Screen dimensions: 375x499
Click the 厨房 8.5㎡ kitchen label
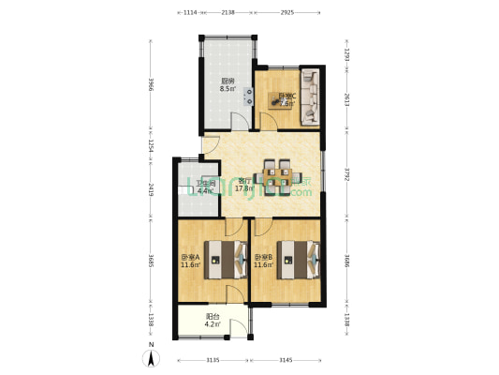coord(227,85)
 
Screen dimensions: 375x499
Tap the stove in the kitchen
coord(249,94)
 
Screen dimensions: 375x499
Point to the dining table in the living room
coord(277,173)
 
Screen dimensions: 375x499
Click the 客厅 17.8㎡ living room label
coord(245,184)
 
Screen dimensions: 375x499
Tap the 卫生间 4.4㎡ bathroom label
coord(198,187)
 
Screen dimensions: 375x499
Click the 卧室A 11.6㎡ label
coord(191,262)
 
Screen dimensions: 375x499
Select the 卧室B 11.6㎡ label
coord(263,262)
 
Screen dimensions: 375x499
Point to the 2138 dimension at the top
coord(227,13)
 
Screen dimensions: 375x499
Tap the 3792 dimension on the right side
coord(346,173)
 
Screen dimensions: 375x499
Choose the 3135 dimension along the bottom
coord(213,359)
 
